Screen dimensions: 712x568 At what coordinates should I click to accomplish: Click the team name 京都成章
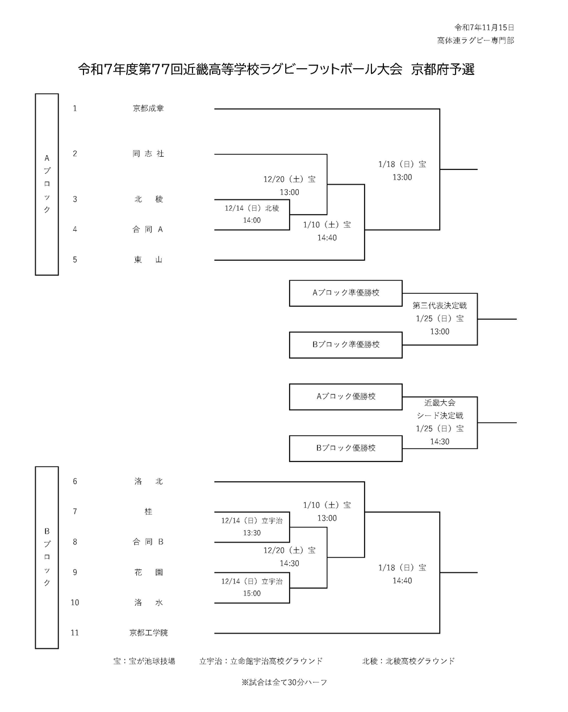pyautogui.click(x=148, y=108)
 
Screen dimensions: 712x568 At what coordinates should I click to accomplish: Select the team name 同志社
pyautogui.click(x=148, y=153)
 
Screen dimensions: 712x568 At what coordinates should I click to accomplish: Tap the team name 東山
pyautogui.click(x=148, y=260)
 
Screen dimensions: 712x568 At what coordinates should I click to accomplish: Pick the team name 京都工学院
pyautogui.click(x=148, y=632)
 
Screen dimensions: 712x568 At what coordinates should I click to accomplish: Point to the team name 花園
pyautogui.click(x=148, y=572)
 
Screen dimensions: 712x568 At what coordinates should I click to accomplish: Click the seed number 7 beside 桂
pyautogui.click(x=75, y=511)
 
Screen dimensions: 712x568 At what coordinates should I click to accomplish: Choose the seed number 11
pyautogui.click(x=75, y=632)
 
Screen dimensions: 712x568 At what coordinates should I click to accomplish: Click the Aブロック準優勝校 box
pyautogui.click(x=345, y=293)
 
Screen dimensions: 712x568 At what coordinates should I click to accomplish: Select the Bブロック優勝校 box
pyautogui.click(x=345, y=448)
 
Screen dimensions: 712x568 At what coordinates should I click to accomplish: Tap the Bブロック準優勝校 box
pyautogui.click(x=345, y=344)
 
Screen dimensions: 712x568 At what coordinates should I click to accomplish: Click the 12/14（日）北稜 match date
pyautogui.click(x=252, y=208)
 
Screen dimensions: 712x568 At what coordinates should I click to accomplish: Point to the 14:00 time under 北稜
pyautogui.click(x=252, y=220)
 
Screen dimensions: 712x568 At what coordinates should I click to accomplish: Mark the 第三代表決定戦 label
pyautogui.click(x=440, y=306)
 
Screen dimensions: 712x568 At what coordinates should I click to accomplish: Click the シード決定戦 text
pyautogui.click(x=440, y=415)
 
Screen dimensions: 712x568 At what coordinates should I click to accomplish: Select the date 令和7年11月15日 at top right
pyautogui.click(x=485, y=27)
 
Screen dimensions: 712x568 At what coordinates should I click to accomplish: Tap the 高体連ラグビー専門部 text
pyautogui.click(x=475, y=40)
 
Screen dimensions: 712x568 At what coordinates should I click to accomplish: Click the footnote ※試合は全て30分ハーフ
pyautogui.click(x=284, y=682)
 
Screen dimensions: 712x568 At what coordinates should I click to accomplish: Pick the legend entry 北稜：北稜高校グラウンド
pyautogui.click(x=408, y=661)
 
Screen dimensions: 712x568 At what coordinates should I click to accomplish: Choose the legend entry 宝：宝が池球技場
pyautogui.click(x=144, y=661)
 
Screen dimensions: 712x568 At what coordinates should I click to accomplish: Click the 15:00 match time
pyautogui.click(x=252, y=593)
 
